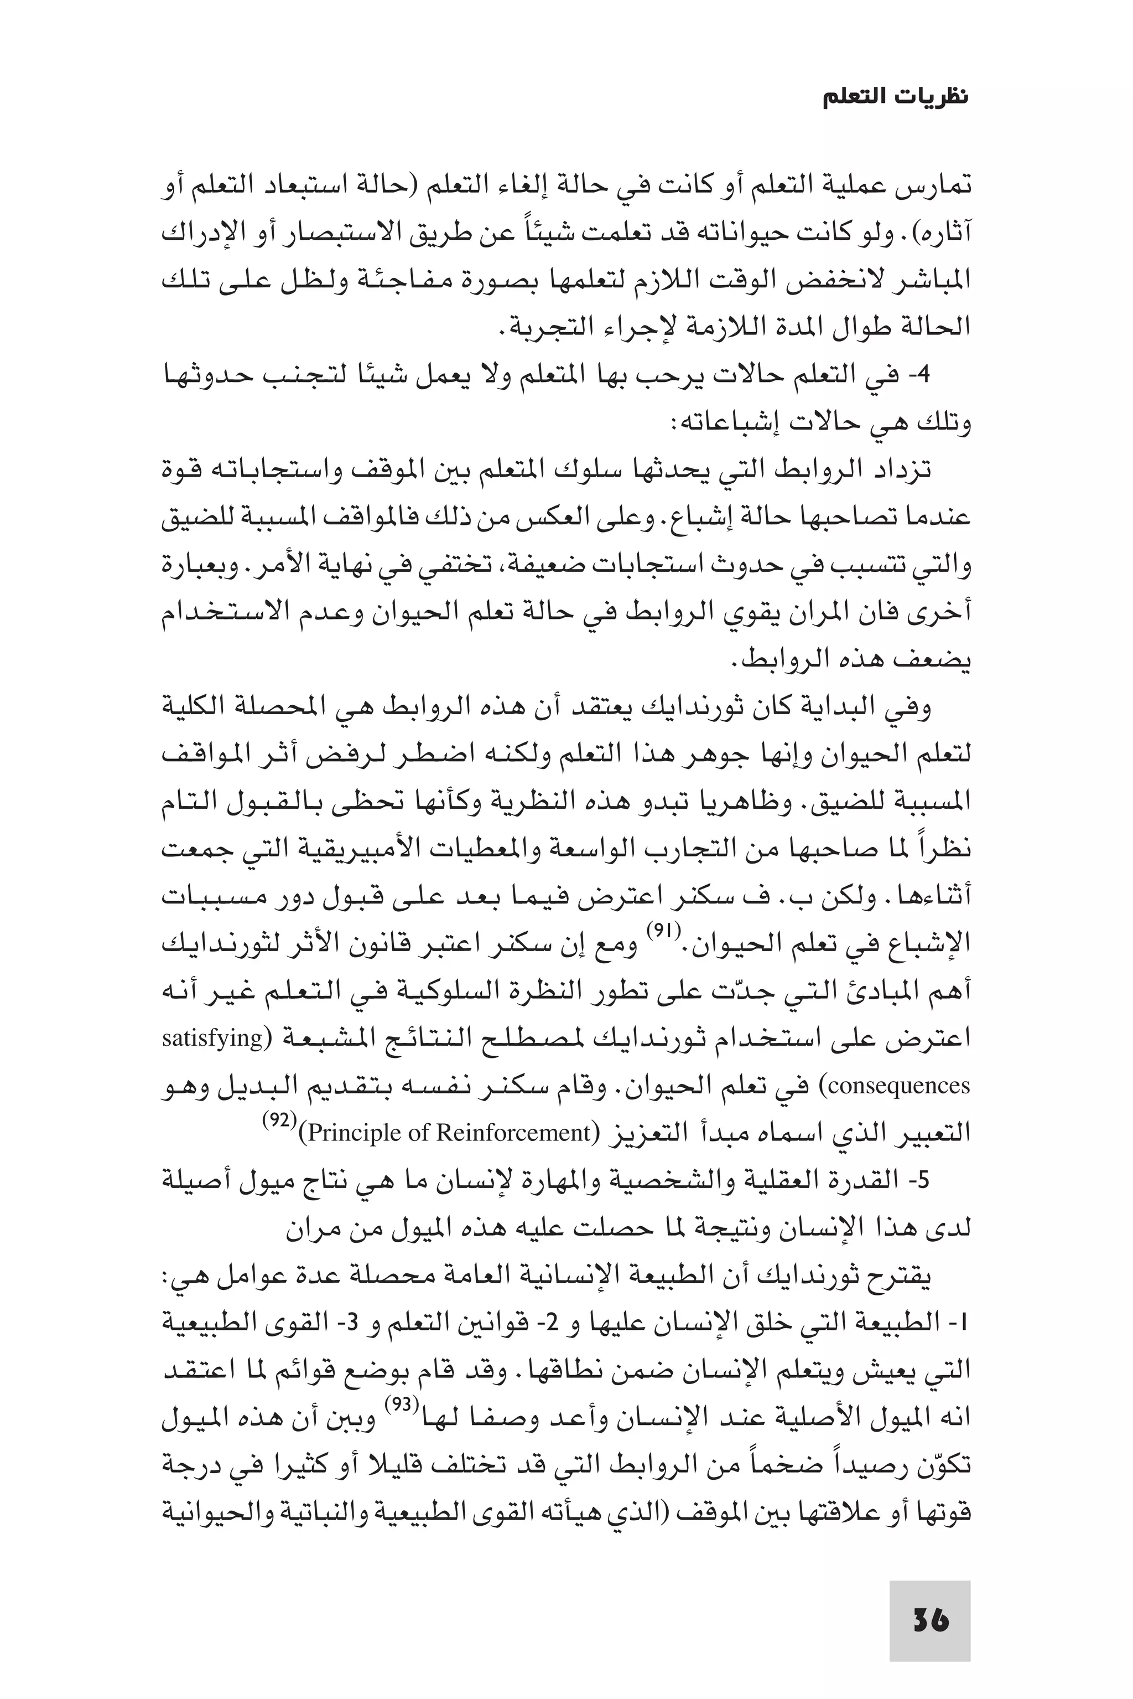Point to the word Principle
(356, 1132)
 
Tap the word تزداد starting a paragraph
(896, 470)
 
